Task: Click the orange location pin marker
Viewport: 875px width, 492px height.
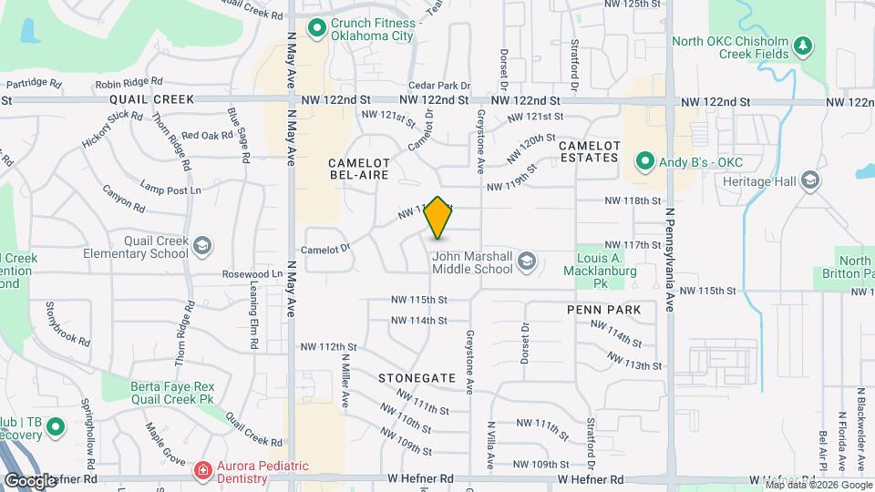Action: (437, 218)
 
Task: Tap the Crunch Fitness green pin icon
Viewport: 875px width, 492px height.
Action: (317, 28)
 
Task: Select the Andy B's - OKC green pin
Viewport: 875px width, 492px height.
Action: (645, 162)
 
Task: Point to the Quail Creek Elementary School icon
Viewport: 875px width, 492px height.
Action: (202, 246)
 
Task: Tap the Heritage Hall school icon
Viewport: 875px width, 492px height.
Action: (809, 179)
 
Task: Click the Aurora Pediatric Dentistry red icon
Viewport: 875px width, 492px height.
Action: (203, 471)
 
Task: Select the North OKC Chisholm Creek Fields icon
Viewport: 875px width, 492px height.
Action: (802, 46)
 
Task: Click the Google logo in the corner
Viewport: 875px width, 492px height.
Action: (29, 480)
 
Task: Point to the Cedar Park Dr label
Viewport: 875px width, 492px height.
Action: (439, 85)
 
